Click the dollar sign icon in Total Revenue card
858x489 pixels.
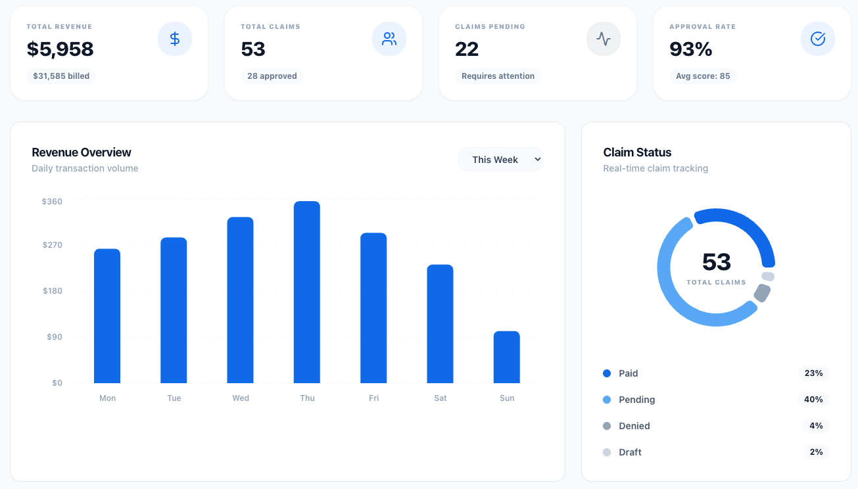point(175,39)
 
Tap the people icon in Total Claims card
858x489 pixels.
point(389,39)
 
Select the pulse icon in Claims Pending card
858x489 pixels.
point(604,39)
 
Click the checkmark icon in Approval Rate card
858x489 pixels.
point(818,39)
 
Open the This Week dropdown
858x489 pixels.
point(501,160)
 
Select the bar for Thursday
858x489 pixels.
point(307,292)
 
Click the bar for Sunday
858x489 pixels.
point(507,357)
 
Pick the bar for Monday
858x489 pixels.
point(107,315)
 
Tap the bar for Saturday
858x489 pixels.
point(440,323)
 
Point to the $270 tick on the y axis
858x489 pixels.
point(52,245)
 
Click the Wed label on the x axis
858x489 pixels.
point(241,398)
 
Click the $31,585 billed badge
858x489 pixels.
point(61,76)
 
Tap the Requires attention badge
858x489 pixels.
point(498,76)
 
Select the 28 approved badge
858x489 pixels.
point(272,76)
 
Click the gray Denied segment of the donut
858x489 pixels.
point(762,292)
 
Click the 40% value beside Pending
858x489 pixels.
point(813,400)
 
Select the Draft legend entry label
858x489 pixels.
point(630,452)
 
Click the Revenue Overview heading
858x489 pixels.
point(82,152)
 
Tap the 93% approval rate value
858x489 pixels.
point(691,49)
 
